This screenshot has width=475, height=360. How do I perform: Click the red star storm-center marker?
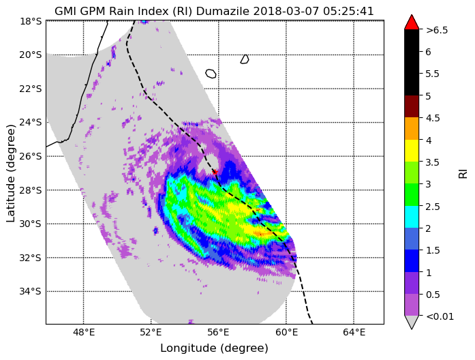tap(215, 172)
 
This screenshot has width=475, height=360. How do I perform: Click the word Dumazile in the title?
tap(223, 12)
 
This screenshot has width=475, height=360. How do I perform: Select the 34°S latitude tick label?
tap(30, 291)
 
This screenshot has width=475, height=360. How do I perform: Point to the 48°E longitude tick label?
tap(83, 333)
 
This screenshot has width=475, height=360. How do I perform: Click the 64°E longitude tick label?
tap(354, 333)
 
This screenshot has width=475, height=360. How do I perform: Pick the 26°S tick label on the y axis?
tap(30, 156)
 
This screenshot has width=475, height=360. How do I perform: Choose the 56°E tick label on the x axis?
tap(219, 333)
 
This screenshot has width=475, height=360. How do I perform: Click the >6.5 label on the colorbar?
tap(437, 30)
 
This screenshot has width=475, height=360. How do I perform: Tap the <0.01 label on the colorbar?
tap(440, 316)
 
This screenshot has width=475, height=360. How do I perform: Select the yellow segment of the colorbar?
tap(412, 151)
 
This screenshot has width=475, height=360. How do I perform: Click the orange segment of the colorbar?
tap(412, 128)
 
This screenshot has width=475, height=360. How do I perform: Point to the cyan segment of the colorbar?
tap(412, 217)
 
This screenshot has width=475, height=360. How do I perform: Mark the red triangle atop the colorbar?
tap(412, 22)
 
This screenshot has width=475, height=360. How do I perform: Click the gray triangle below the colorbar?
tap(412, 322)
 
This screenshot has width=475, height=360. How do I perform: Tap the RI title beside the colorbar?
tap(463, 174)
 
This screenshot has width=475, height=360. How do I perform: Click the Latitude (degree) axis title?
tap(11, 173)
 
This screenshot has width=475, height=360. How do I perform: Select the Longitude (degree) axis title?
tap(214, 348)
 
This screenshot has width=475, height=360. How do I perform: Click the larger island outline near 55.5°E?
tap(211, 74)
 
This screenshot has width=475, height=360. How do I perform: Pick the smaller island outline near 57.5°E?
tap(245, 59)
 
